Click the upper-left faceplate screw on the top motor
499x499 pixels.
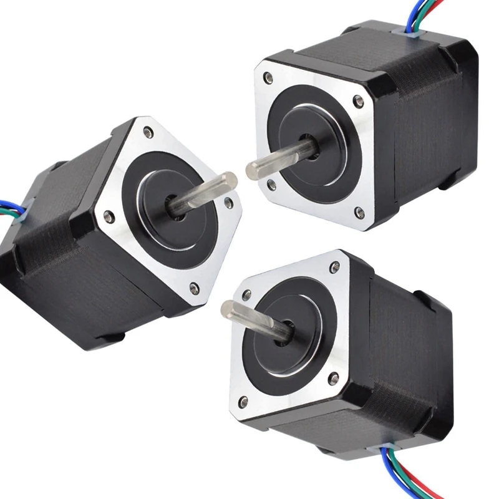268,78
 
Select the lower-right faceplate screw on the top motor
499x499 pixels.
359,211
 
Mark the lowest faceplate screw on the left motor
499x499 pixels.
193,288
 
